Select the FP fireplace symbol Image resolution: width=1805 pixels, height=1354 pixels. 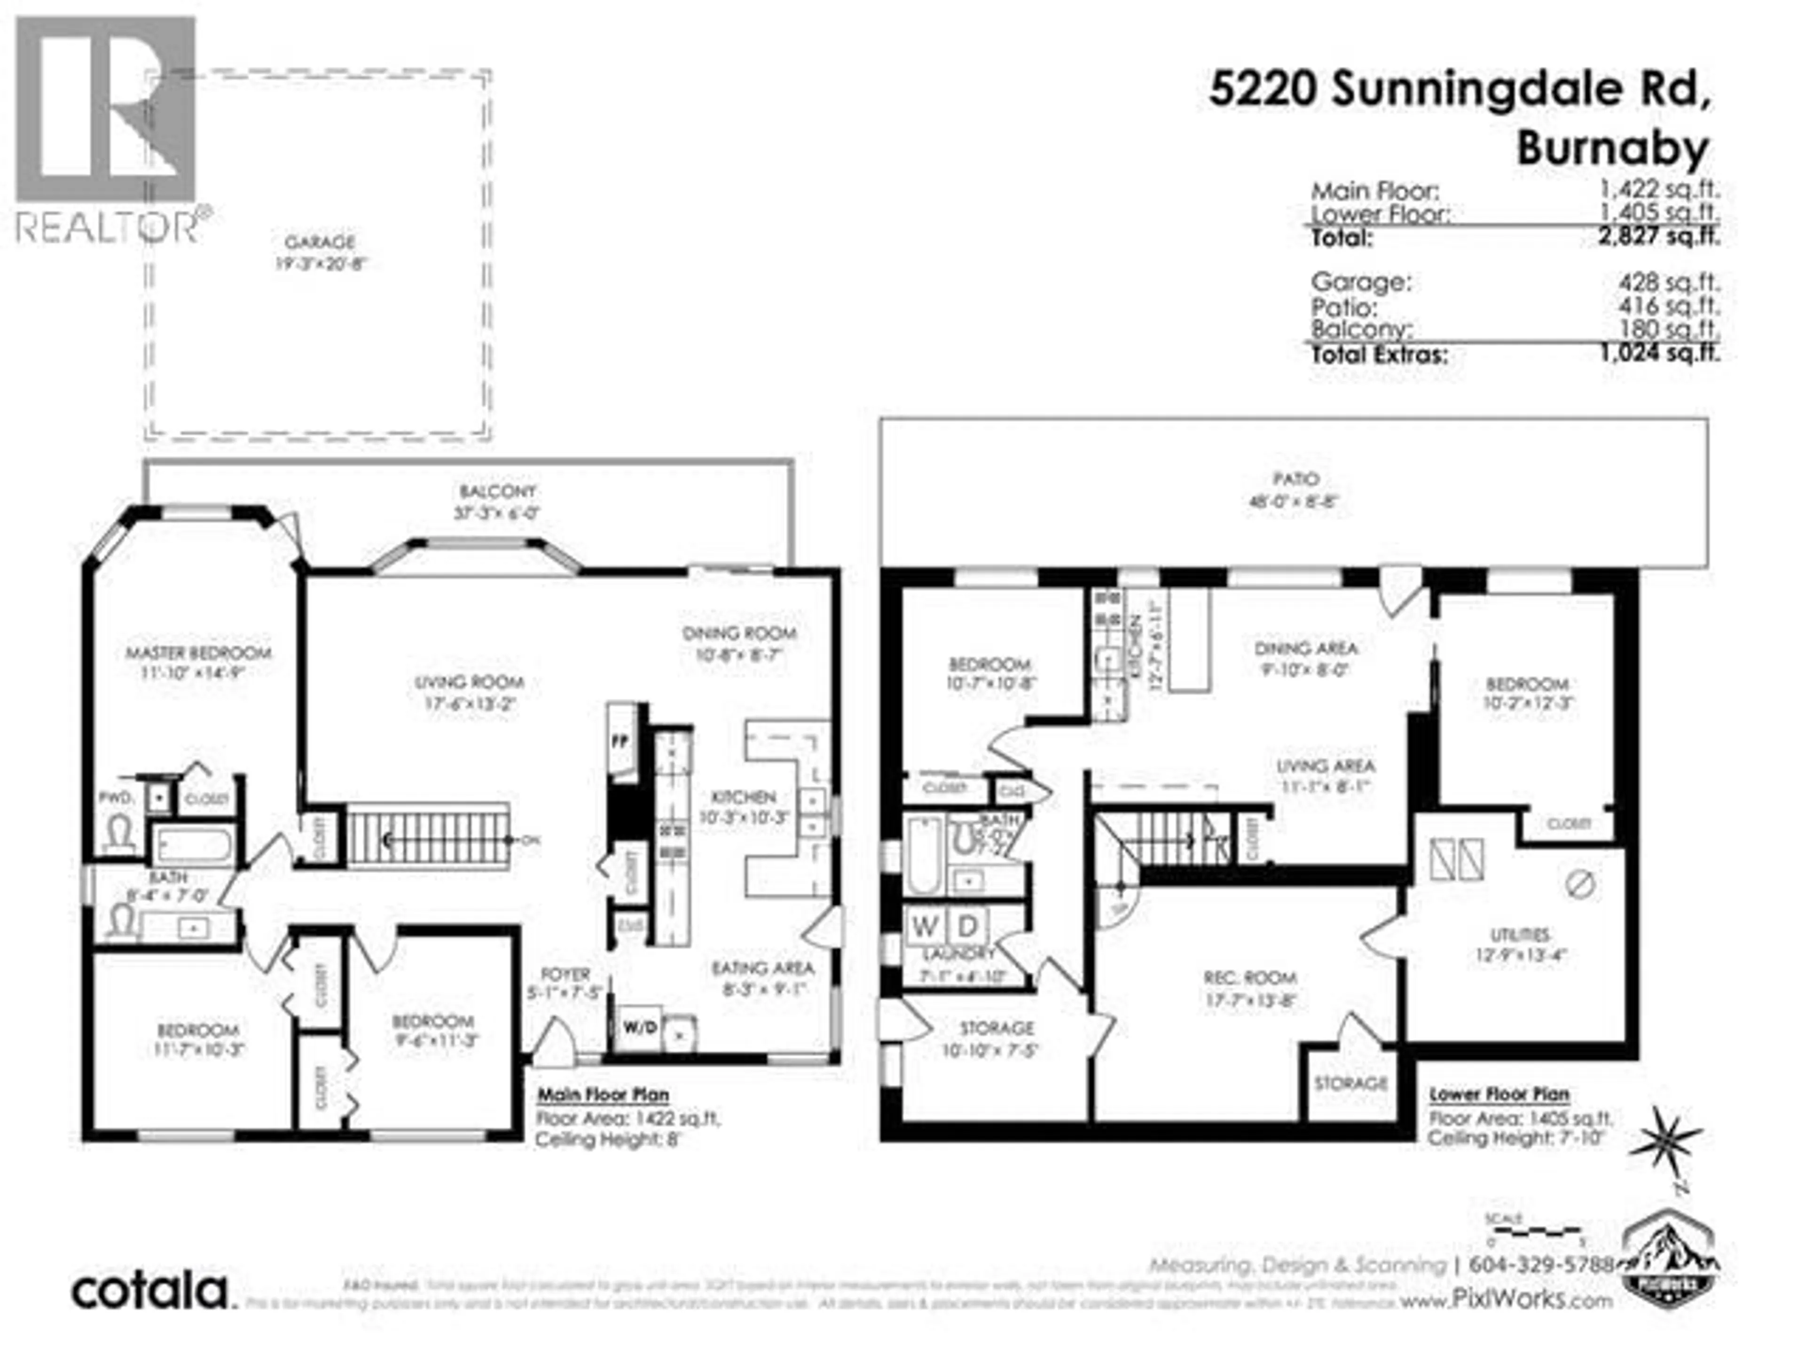click(620, 743)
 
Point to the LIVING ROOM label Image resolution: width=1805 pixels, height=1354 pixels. click(469, 682)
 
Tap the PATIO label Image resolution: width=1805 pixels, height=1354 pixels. click(1295, 479)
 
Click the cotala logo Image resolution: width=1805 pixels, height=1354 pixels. click(153, 1291)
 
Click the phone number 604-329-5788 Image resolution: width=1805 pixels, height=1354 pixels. click(1541, 1264)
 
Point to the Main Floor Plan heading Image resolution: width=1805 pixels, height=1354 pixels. click(602, 1094)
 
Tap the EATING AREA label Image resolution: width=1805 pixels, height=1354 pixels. click(762, 968)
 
